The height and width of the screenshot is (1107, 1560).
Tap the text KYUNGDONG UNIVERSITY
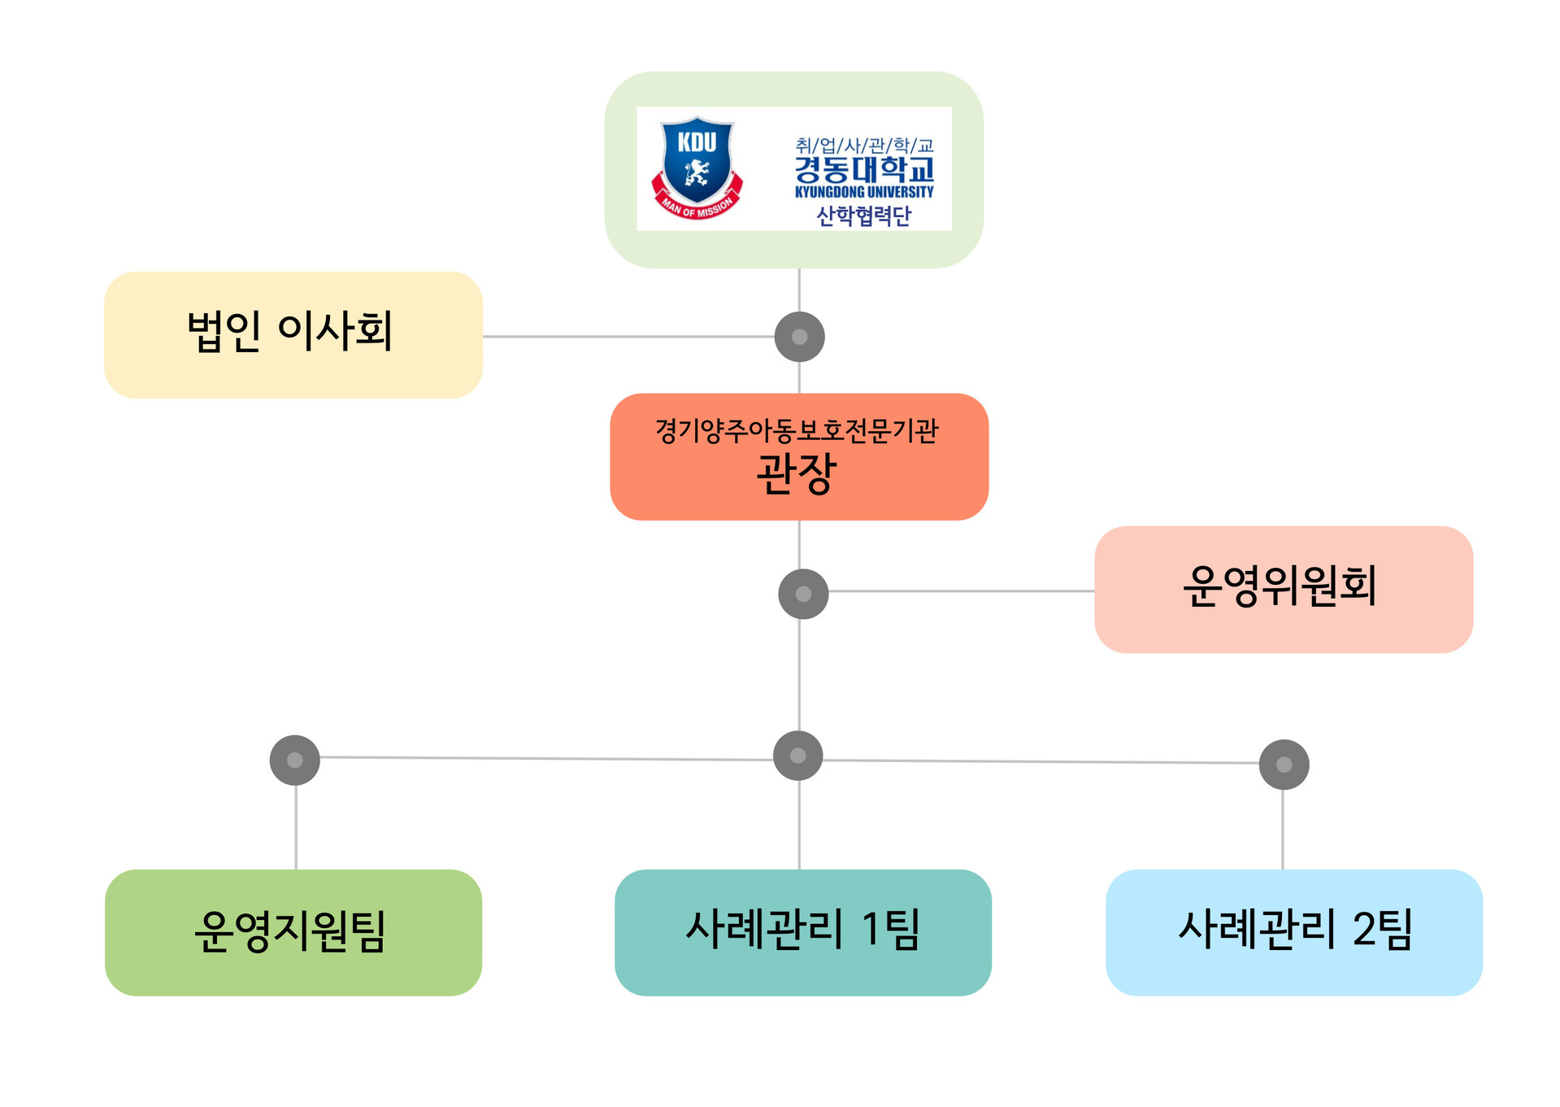(x=864, y=192)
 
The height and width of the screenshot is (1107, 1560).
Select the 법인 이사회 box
(x=293, y=335)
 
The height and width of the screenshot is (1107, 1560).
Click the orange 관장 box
(x=799, y=457)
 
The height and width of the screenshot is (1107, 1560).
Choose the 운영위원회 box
(x=1284, y=590)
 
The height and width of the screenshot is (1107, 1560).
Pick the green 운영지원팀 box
(x=293, y=933)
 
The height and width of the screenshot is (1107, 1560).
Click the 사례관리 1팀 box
(x=803, y=933)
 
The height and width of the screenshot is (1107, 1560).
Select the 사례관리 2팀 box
(x=1294, y=933)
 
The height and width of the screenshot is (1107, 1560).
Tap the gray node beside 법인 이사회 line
(x=800, y=337)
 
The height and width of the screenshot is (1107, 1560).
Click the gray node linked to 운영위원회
(x=803, y=594)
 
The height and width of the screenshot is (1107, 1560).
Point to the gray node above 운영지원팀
(x=295, y=761)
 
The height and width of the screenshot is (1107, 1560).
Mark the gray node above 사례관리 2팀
(x=1284, y=765)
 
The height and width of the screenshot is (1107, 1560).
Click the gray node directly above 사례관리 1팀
(x=798, y=756)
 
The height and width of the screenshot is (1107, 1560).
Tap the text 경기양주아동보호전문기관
(x=797, y=430)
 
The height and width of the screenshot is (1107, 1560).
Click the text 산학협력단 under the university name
(x=864, y=216)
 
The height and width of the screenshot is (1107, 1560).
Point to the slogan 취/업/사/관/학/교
(x=864, y=146)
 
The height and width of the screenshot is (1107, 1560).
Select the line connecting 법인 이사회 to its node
(x=629, y=336)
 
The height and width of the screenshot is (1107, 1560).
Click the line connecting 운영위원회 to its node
(x=962, y=591)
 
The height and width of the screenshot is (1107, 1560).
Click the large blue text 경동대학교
(x=864, y=170)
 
